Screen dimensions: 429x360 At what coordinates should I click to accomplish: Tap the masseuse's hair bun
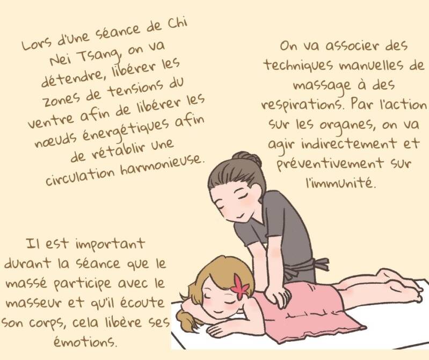pyautogui.click(x=246, y=158)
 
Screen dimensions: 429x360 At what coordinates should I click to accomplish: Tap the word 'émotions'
pyautogui.click(x=85, y=341)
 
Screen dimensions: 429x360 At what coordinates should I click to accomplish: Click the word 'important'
pyautogui.click(x=110, y=244)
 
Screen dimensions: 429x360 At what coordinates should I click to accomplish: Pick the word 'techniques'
pyautogui.click(x=299, y=66)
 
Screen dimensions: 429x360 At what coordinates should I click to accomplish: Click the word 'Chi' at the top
pyautogui.click(x=178, y=25)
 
